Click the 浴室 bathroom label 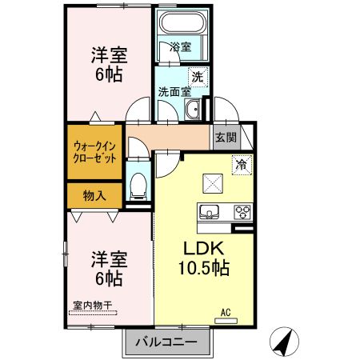[181, 47]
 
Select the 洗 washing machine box [198, 77]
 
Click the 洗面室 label [174, 91]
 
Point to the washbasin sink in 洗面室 [192, 110]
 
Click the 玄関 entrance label [226, 137]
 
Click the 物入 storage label [95, 195]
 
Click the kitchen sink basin [211, 212]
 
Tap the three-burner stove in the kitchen [242, 212]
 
